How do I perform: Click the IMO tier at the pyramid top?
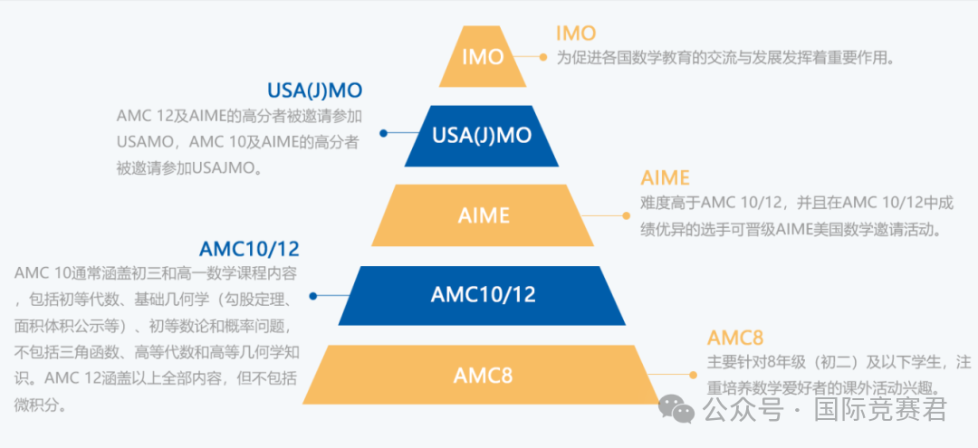click(x=483, y=57)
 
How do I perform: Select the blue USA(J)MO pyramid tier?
click(x=482, y=136)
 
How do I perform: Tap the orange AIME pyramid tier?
click(x=483, y=215)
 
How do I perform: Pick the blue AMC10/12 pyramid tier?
click(x=483, y=295)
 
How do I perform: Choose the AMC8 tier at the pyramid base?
click(x=483, y=374)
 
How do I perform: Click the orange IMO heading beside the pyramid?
click(x=576, y=33)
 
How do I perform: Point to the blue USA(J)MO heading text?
click(x=314, y=91)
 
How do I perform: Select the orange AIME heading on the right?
click(x=665, y=177)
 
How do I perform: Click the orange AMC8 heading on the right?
click(x=735, y=338)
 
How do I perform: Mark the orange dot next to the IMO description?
click(x=543, y=57)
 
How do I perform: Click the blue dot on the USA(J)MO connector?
click(x=384, y=133)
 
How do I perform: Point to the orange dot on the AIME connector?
click(x=625, y=215)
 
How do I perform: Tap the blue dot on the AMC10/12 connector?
click(x=313, y=295)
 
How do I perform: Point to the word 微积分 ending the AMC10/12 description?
click(x=35, y=404)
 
